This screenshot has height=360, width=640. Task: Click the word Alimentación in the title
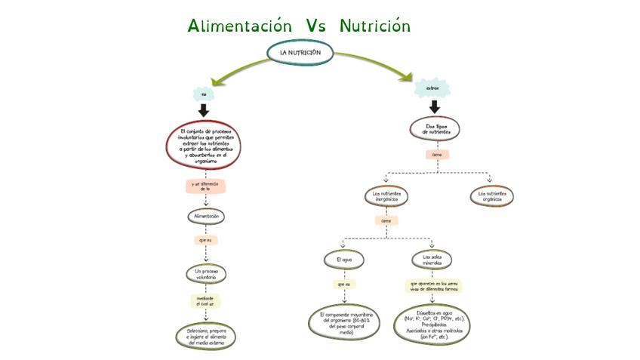[239, 26]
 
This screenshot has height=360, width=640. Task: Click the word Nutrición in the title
[374, 26]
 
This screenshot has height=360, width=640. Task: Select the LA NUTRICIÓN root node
[300, 53]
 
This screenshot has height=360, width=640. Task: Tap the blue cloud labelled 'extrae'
[432, 88]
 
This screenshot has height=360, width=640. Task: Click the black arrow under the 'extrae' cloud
[434, 106]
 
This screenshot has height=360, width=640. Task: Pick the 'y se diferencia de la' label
[205, 186]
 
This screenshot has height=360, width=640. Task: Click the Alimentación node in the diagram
[205, 216]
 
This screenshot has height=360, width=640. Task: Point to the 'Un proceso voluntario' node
[205, 274]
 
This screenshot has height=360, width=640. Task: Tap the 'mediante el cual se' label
[205, 302]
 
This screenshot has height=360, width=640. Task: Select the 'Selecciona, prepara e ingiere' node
[206, 334]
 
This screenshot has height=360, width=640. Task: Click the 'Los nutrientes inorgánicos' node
[386, 196]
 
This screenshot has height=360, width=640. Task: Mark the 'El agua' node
[343, 260]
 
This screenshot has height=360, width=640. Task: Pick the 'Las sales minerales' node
[432, 260]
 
